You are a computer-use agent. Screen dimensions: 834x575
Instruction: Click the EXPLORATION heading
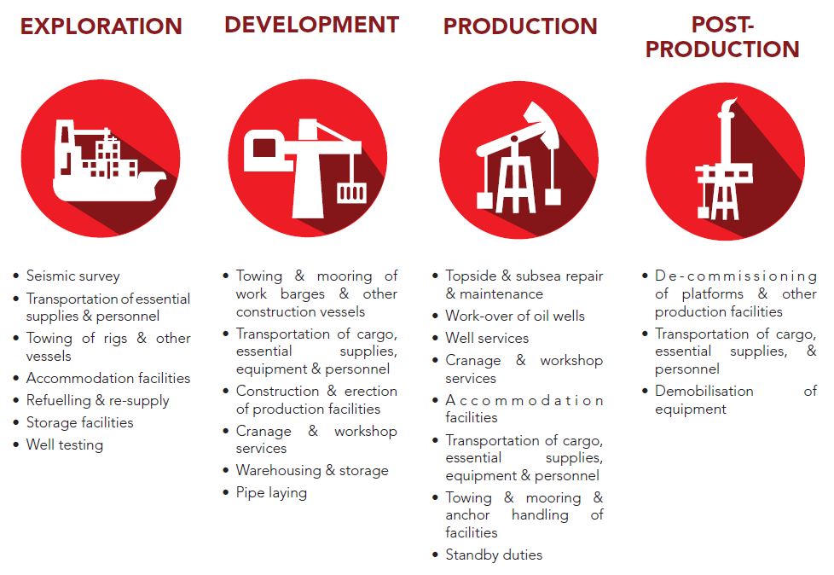point(101,26)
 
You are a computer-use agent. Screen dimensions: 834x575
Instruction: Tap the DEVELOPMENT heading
point(312,25)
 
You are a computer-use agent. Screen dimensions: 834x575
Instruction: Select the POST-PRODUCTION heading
point(722,38)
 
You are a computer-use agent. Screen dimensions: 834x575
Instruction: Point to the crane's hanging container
point(351,193)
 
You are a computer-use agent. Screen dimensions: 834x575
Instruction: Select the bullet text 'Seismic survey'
point(72,276)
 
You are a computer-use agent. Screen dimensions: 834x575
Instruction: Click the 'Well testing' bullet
point(65,444)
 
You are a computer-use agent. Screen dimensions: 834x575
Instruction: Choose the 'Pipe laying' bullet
point(271,493)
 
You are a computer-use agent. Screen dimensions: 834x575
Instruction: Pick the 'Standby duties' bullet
point(494,555)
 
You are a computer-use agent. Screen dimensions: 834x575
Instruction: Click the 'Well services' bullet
point(487,339)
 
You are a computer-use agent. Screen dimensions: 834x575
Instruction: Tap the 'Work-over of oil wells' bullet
point(515,316)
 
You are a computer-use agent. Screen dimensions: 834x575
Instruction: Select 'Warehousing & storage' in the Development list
point(312,471)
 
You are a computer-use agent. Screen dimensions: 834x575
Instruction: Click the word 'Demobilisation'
point(704,391)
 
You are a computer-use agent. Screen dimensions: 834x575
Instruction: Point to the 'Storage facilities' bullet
point(80,422)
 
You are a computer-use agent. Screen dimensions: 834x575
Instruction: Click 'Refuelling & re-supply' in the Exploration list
point(98,400)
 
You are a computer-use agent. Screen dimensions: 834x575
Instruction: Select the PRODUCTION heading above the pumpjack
point(520,26)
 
